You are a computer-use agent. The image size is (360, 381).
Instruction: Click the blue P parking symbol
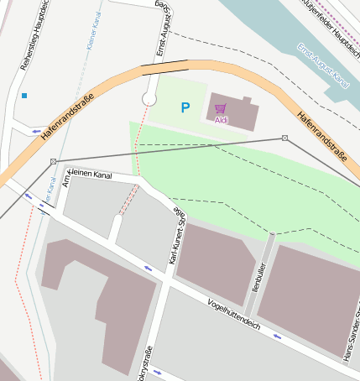(185, 107)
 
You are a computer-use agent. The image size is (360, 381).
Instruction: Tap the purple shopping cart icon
(221, 108)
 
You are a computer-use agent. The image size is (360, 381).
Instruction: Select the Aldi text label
(222, 120)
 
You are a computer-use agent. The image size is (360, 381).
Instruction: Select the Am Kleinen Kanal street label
(87, 175)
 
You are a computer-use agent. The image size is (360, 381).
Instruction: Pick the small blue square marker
(24, 96)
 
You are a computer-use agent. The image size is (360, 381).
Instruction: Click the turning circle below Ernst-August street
(149, 99)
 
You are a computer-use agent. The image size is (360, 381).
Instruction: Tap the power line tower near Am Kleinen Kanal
(54, 160)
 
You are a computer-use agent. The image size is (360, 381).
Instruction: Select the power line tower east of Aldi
(285, 138)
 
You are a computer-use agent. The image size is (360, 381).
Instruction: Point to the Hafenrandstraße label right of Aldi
(322, 137)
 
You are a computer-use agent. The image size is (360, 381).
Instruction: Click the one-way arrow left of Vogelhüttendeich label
(148, 269)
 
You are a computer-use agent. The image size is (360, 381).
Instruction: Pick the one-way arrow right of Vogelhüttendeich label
(277, 337)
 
